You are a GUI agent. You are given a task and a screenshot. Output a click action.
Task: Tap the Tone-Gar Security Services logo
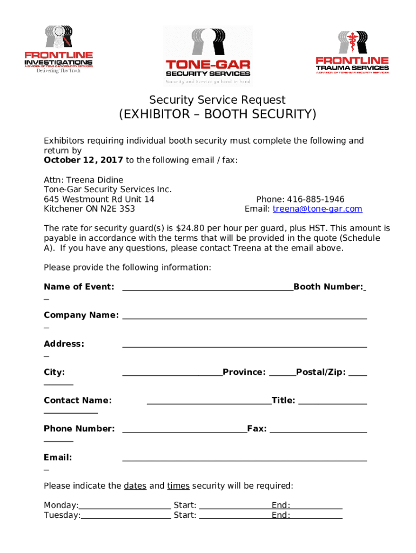pyautogui.click(x=208, y=56)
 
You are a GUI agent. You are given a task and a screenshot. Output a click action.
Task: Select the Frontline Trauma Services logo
pyautogui.click(x=352, y=52)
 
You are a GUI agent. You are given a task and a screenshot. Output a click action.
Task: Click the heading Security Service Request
pyautogui.click(x=217, y=100)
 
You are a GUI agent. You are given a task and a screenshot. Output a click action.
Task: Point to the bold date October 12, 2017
pyautogui.click(x=83, y=160)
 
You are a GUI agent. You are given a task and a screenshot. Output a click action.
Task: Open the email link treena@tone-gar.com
pyautogui.click(x=317, y=209)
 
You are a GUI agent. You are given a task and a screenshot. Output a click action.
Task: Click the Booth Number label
pyautogui.click(x=328, y=287)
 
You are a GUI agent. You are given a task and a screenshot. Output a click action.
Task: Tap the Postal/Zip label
pyautogui.click(x=320, y=372)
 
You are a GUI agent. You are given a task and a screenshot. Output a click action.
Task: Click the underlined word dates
pyautogui.click(x=135, y=486)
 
